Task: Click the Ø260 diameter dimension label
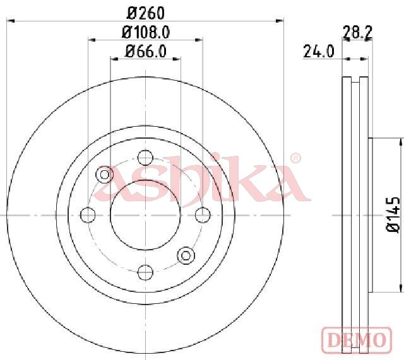pyautogui.click(x=146, y=13)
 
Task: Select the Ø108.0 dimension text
pyautogui.click(x=146, y=32)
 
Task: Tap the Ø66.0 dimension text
pyautogui.click(x=146, y=51)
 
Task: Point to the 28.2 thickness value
pyautogui.click(x=358, y=32)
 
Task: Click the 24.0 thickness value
pyautogui.click(x=318, y=51)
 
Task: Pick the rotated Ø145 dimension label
pyautogui.click(x=393, y=215)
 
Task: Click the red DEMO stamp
pyautogui.click(x=357, y=340)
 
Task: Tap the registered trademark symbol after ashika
pyautogui.click(x=295, y=158)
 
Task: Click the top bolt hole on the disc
pyautogui.click(x=146, y=158)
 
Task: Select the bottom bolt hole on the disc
pyautogui.click(x=146, y=272)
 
